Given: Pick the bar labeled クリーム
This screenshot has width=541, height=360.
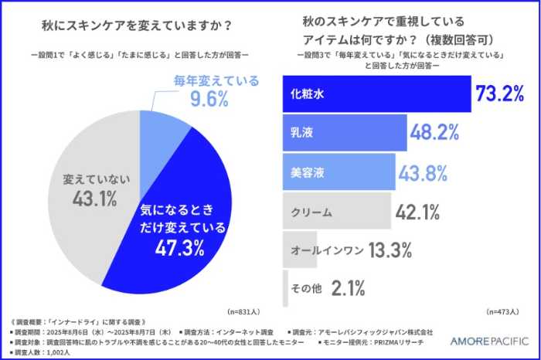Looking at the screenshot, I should point(336,211).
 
